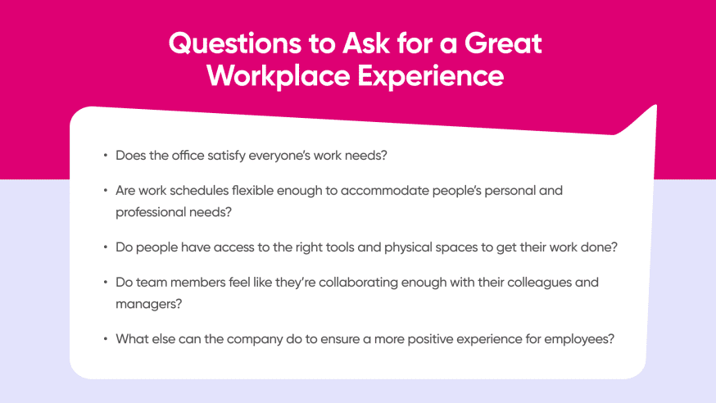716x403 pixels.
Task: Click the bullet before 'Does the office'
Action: (x=105, y=154)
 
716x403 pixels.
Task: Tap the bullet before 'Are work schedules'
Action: (x=105, y=190)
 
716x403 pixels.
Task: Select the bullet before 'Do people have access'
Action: (x=105, y=246)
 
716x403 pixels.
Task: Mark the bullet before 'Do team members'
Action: (x=105, y=283)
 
